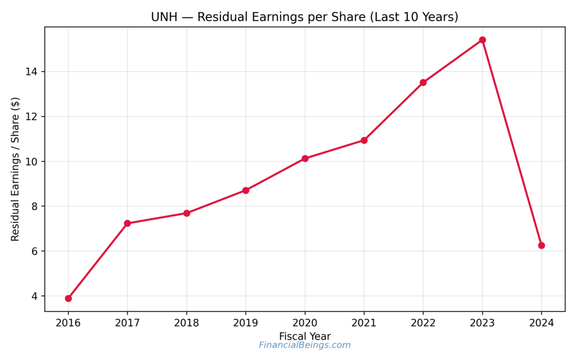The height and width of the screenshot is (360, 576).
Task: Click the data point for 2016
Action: pos(68,298)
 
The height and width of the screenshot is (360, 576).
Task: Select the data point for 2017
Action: pos(127,223)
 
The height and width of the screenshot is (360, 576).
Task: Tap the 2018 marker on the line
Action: pos(187,213)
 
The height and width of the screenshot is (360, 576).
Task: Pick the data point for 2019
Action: pos(246,190)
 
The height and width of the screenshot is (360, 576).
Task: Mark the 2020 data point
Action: pos(305,159)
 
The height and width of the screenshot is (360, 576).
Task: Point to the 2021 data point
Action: pos(364,140)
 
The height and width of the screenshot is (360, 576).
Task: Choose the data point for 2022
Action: pos(423,82)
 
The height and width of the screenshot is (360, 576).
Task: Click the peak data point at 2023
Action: pos(482,40)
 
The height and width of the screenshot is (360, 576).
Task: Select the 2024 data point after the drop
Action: pos(541,245)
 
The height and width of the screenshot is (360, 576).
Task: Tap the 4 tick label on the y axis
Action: pos(36,296)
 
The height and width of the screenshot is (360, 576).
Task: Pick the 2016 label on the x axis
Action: pos(68,323)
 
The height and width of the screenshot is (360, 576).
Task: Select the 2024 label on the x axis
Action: pos(541,323)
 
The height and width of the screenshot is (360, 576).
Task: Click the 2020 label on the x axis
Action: pos(305,323)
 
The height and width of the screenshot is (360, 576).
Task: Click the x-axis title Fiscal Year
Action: pos(305,336)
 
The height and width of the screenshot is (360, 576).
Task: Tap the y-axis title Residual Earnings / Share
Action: pos(15,169)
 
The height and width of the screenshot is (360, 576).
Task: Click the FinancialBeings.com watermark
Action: pos(305,345)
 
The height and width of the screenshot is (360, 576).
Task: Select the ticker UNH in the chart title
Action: pos(163,17)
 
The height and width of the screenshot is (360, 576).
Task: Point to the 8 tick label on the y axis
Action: pos(36,206)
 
